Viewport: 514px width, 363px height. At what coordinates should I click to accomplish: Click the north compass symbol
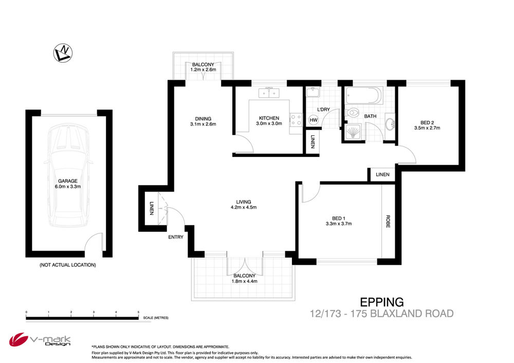pyautogui.click(x=63, y=53)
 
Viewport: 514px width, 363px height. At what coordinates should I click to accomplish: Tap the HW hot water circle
pyautogui.click(x=314, y=120)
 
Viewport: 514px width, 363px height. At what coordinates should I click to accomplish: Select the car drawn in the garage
pyautogui.click(x=68, y=175)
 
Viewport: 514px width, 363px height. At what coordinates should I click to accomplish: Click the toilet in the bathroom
pyautogui.click(x=353, y=113)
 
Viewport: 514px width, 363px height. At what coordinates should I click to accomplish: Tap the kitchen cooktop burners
pyautogui.click(x=296, y=119)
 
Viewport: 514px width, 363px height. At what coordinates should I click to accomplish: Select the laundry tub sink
pyautogui.click(x=313, y=92)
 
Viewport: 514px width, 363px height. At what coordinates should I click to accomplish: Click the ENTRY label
pyautogui.click(x=176, y=237)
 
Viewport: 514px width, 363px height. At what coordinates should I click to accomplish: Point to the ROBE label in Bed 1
pyautogui.click(x=388, y=221)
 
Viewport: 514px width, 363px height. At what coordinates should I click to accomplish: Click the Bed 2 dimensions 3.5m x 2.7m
pyautogui.click(x=427, y=128)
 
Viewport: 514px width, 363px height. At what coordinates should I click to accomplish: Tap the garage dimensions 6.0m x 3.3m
pyautogui.click(x=68, y=187)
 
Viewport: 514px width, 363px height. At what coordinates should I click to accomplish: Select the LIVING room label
pyautogui.click(x=244, y=202)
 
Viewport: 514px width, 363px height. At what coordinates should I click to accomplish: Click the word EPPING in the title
pyautogui.click(x=382, y=302)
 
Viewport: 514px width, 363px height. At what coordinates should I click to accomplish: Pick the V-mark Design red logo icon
pyautogui.click(x=18, y=340)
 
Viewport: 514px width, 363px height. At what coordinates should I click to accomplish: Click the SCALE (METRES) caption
pyautogui.click(x=156, y=318)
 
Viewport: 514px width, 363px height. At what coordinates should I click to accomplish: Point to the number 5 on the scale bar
pyautogui.click(x=138, y=312)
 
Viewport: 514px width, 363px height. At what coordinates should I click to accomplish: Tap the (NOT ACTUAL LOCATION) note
pyautogui.click(x=68, y=265)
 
